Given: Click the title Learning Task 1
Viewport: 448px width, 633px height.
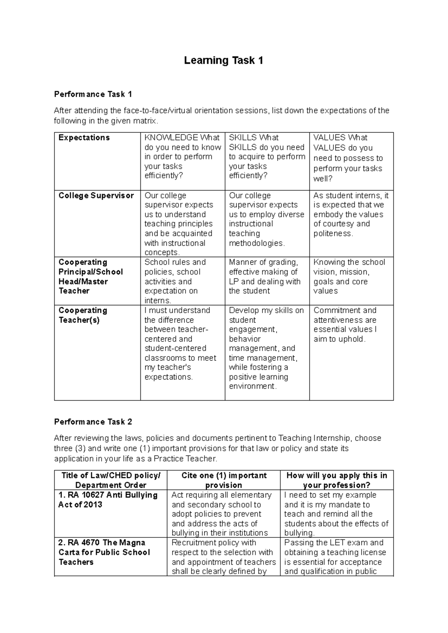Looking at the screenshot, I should (x=224, y=60).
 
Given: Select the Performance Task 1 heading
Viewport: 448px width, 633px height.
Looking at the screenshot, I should (x=93, y=94).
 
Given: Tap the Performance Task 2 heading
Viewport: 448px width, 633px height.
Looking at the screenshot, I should (x=93, y=422).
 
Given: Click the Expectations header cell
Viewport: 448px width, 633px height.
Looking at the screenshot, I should (x=84, y=138).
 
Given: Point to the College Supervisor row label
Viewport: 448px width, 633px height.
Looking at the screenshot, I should (x=96, y=196).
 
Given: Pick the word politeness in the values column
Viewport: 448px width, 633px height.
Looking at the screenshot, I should (x=332, y=234).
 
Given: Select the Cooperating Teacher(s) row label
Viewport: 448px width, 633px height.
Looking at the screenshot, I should (x=83, y=315).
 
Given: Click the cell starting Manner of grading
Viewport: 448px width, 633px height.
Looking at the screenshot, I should (x=265, y=277).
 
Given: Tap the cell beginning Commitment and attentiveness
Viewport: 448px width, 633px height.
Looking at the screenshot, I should (x=345, y=325).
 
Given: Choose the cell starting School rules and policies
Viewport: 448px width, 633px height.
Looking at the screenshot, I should (x=175, y=281).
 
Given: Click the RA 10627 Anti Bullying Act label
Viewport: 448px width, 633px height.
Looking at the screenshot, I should (x=108, y=500).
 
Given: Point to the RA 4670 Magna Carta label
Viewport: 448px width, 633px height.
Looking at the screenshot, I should (x=104, y=552).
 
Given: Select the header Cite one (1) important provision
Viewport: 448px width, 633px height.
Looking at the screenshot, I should (x=224, y=480).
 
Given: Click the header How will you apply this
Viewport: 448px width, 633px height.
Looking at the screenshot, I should (x=336, y=480).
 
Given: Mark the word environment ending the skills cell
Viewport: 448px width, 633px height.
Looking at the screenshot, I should (x=252, y=386).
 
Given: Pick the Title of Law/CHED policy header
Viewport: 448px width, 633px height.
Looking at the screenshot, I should (x=111, y=480).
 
